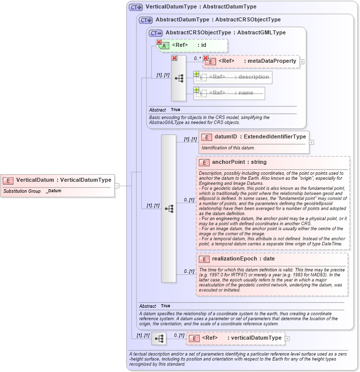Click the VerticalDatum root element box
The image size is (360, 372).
point(57,180)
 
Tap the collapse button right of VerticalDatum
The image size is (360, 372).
point(117,186)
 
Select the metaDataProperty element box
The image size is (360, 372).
point(251,61)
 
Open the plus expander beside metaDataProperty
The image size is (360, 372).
point(302,62)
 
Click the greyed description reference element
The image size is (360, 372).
point(233,77)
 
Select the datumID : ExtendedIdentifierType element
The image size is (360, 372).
point(254,136)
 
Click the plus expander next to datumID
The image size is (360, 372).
point(312,142)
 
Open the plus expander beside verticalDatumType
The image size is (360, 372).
point(287,339)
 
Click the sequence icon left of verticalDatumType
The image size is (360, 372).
point(159,339)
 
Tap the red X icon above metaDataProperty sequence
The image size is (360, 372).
point(174,58)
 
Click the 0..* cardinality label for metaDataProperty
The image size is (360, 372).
point(198,58)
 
